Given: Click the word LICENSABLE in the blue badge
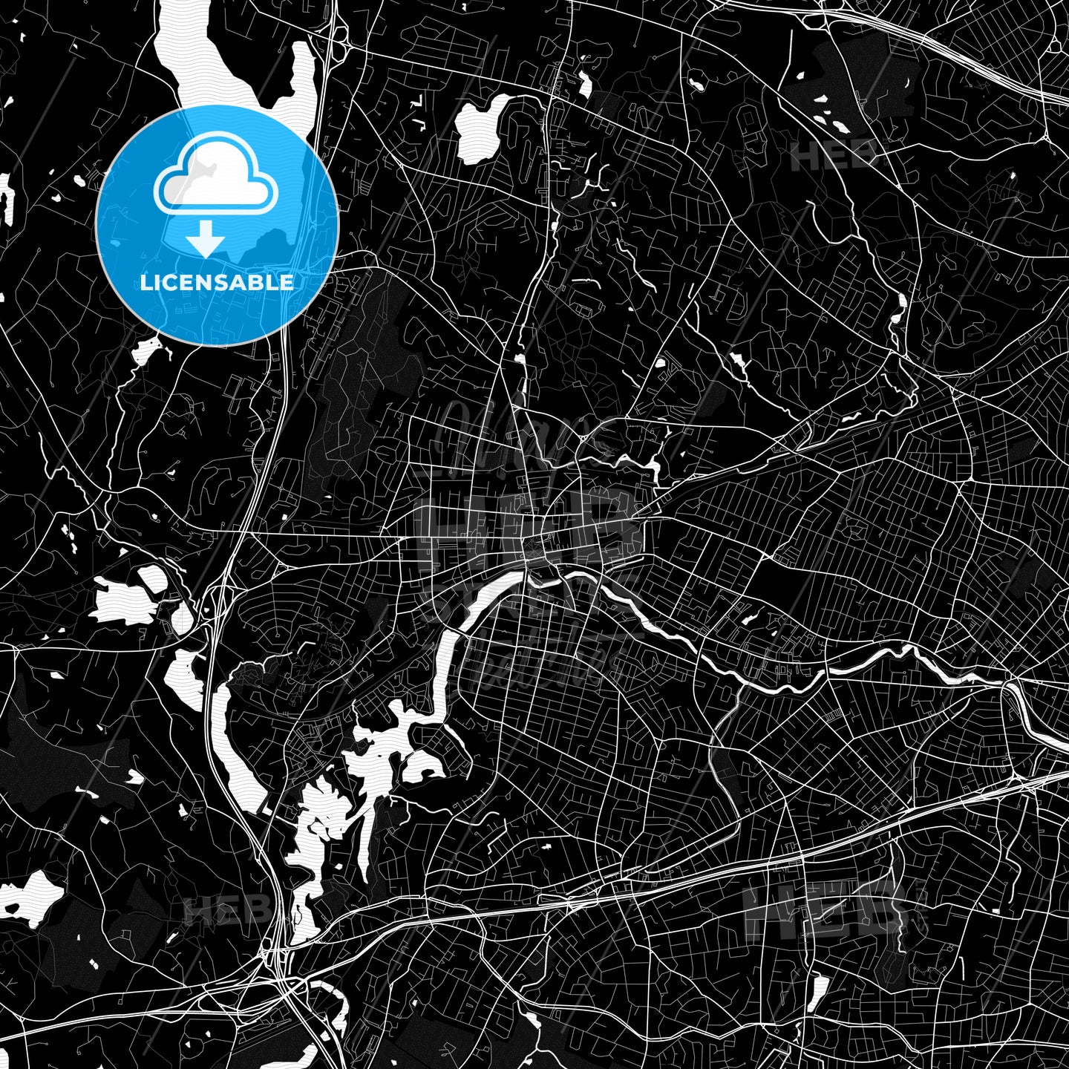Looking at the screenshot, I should [x=217, y=282].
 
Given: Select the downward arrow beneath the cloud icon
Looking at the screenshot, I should [x=205, y=239].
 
